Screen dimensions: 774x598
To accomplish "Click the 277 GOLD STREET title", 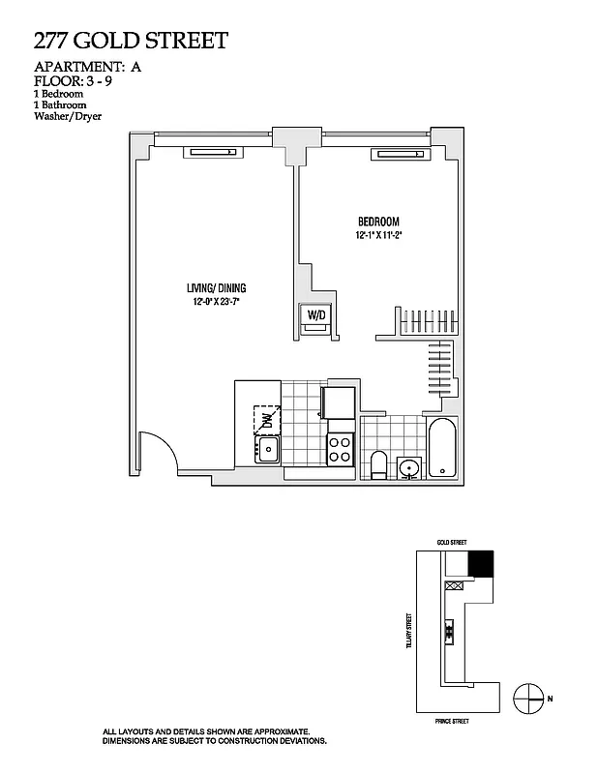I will pyautogui.click(x=131, y=40).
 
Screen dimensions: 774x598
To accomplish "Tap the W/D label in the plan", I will pyautogui.click(x=316, y=314).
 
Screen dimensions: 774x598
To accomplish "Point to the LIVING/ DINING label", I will pyautogui.click(x=217, y=287).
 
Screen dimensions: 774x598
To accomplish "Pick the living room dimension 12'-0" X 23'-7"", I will pyautogui.click(x=217, y=302).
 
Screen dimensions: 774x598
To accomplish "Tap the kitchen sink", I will pyautogui.click(x=267, y=449).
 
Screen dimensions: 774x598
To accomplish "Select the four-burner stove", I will pyautogui.click(x=341, y=450).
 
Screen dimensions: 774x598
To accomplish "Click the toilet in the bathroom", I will pyautogui.click(x=379, y=465).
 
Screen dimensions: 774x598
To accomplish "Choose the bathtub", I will pyautogui.click(x=441, y=449).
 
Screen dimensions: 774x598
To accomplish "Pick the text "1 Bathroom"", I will pyautogui.click(x=60, y=104).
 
